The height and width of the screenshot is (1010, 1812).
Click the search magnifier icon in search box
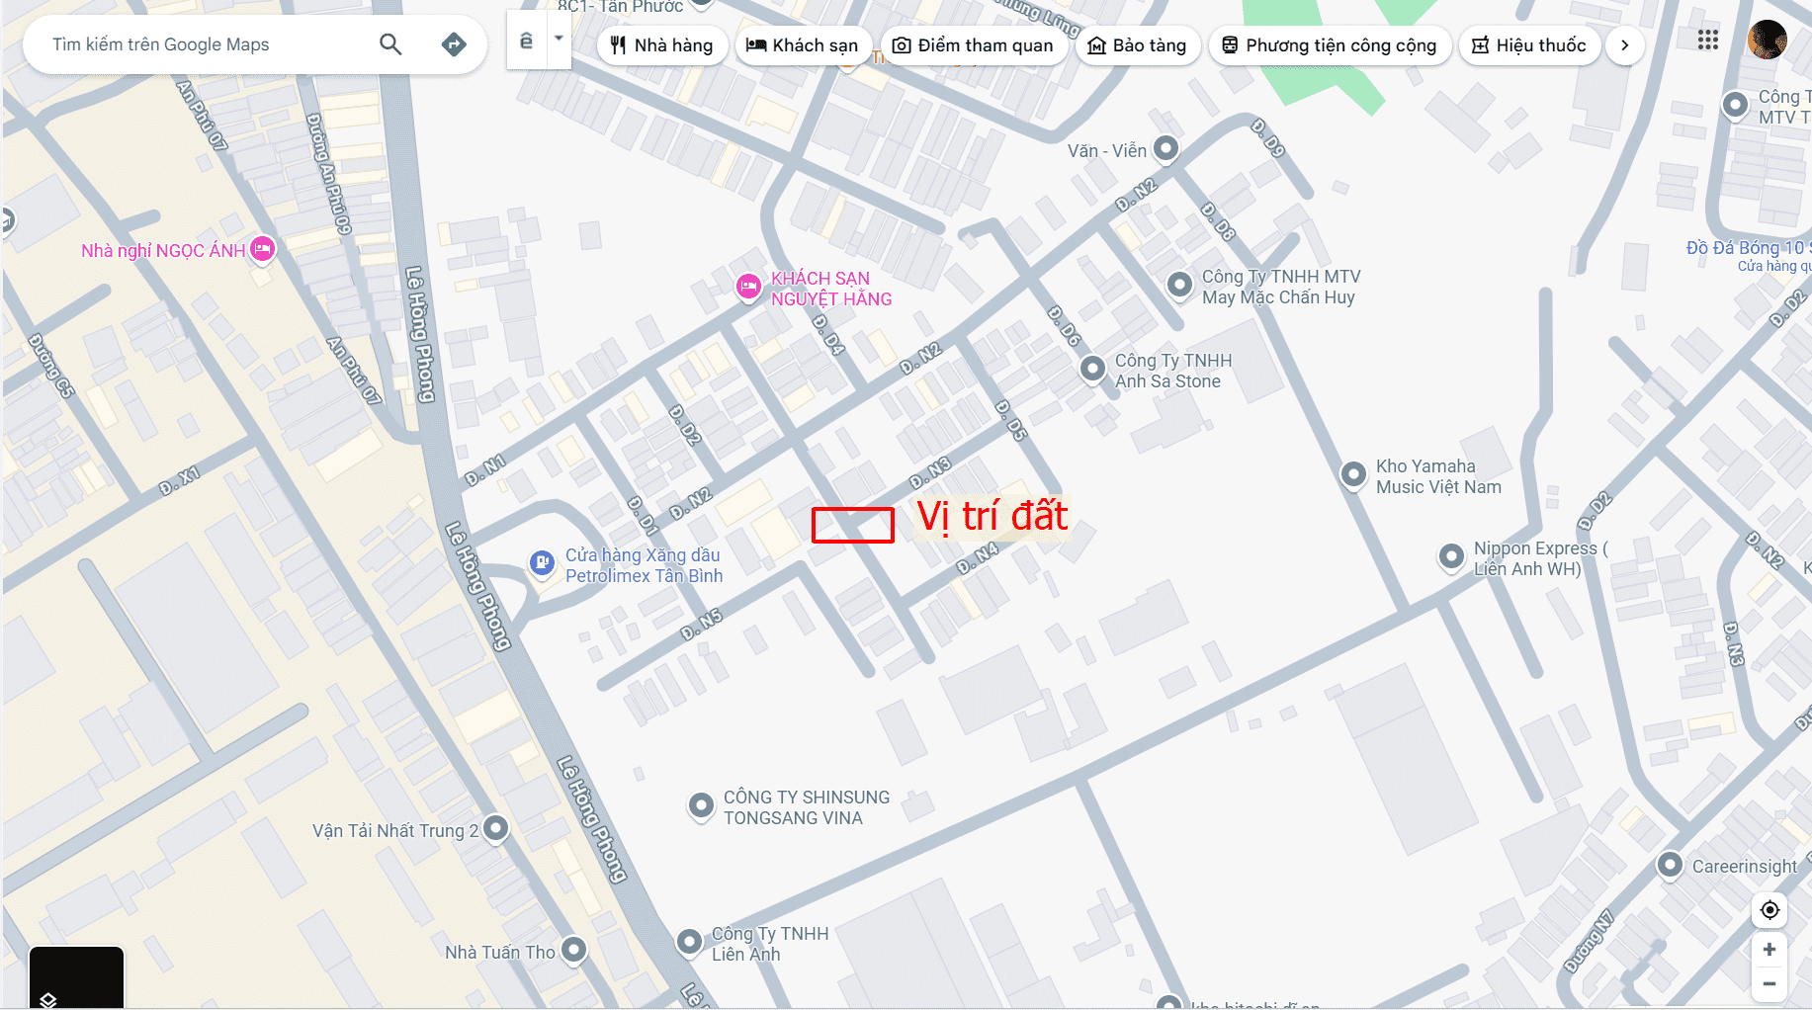click(x=390, y=44)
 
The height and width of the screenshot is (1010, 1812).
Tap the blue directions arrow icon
click(x=454, y=44)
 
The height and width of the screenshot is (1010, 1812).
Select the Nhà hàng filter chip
click(x=661, y=45)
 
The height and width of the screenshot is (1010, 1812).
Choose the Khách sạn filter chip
click(x=802, y=45)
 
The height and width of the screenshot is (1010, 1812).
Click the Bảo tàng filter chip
click(x=1137, y=45)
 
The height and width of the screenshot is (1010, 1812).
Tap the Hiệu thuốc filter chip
click(x=1528, y=45)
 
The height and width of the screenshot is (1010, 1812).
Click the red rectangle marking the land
click(x=852, y=525)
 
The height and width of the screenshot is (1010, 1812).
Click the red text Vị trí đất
click(x=992, y=516)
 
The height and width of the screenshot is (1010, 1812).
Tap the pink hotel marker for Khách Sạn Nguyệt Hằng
click(x=749, y=287)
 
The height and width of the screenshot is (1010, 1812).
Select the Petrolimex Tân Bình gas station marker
click(x=542, y=563)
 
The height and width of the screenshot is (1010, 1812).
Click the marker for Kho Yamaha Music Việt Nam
click(x=1353, y=474)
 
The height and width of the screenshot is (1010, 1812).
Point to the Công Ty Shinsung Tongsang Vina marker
click(x=701, y=805)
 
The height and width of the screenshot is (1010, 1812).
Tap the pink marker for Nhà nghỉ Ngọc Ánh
click(x=262, y=249)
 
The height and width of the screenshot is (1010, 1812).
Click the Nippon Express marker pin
click(x=1451, y=556)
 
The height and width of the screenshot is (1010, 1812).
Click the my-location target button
click(x=1769, y=909)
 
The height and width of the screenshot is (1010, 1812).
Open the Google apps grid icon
click(x=1708, y=41)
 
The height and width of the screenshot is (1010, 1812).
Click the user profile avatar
click(x=1767, y=41)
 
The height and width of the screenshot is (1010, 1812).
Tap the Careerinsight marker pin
click(x=1670, y=865)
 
